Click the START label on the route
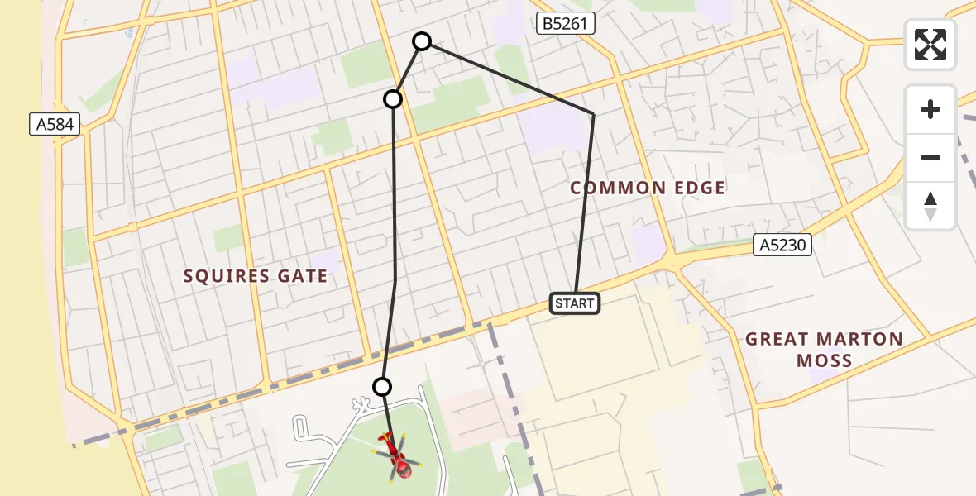(x=574, y=303)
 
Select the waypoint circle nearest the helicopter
(x=382, y=386)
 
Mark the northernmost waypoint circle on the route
(x=422, y=41)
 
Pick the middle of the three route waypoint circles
(x=393, y=99)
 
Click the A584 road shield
(x=55, y=125)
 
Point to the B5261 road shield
(x=565, y=24)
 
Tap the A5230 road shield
(x=782, y=245)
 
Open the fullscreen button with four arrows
(x=931, y=45)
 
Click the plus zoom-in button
(x=931, y=109)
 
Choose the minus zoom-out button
(x=931, y=157)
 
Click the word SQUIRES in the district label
(x=222, y=276)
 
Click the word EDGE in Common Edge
(x=696, y=188)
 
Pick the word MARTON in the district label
(x=861, y=339)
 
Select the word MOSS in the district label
(x=825, y=360)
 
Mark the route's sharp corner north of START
(x=593, y=114)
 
